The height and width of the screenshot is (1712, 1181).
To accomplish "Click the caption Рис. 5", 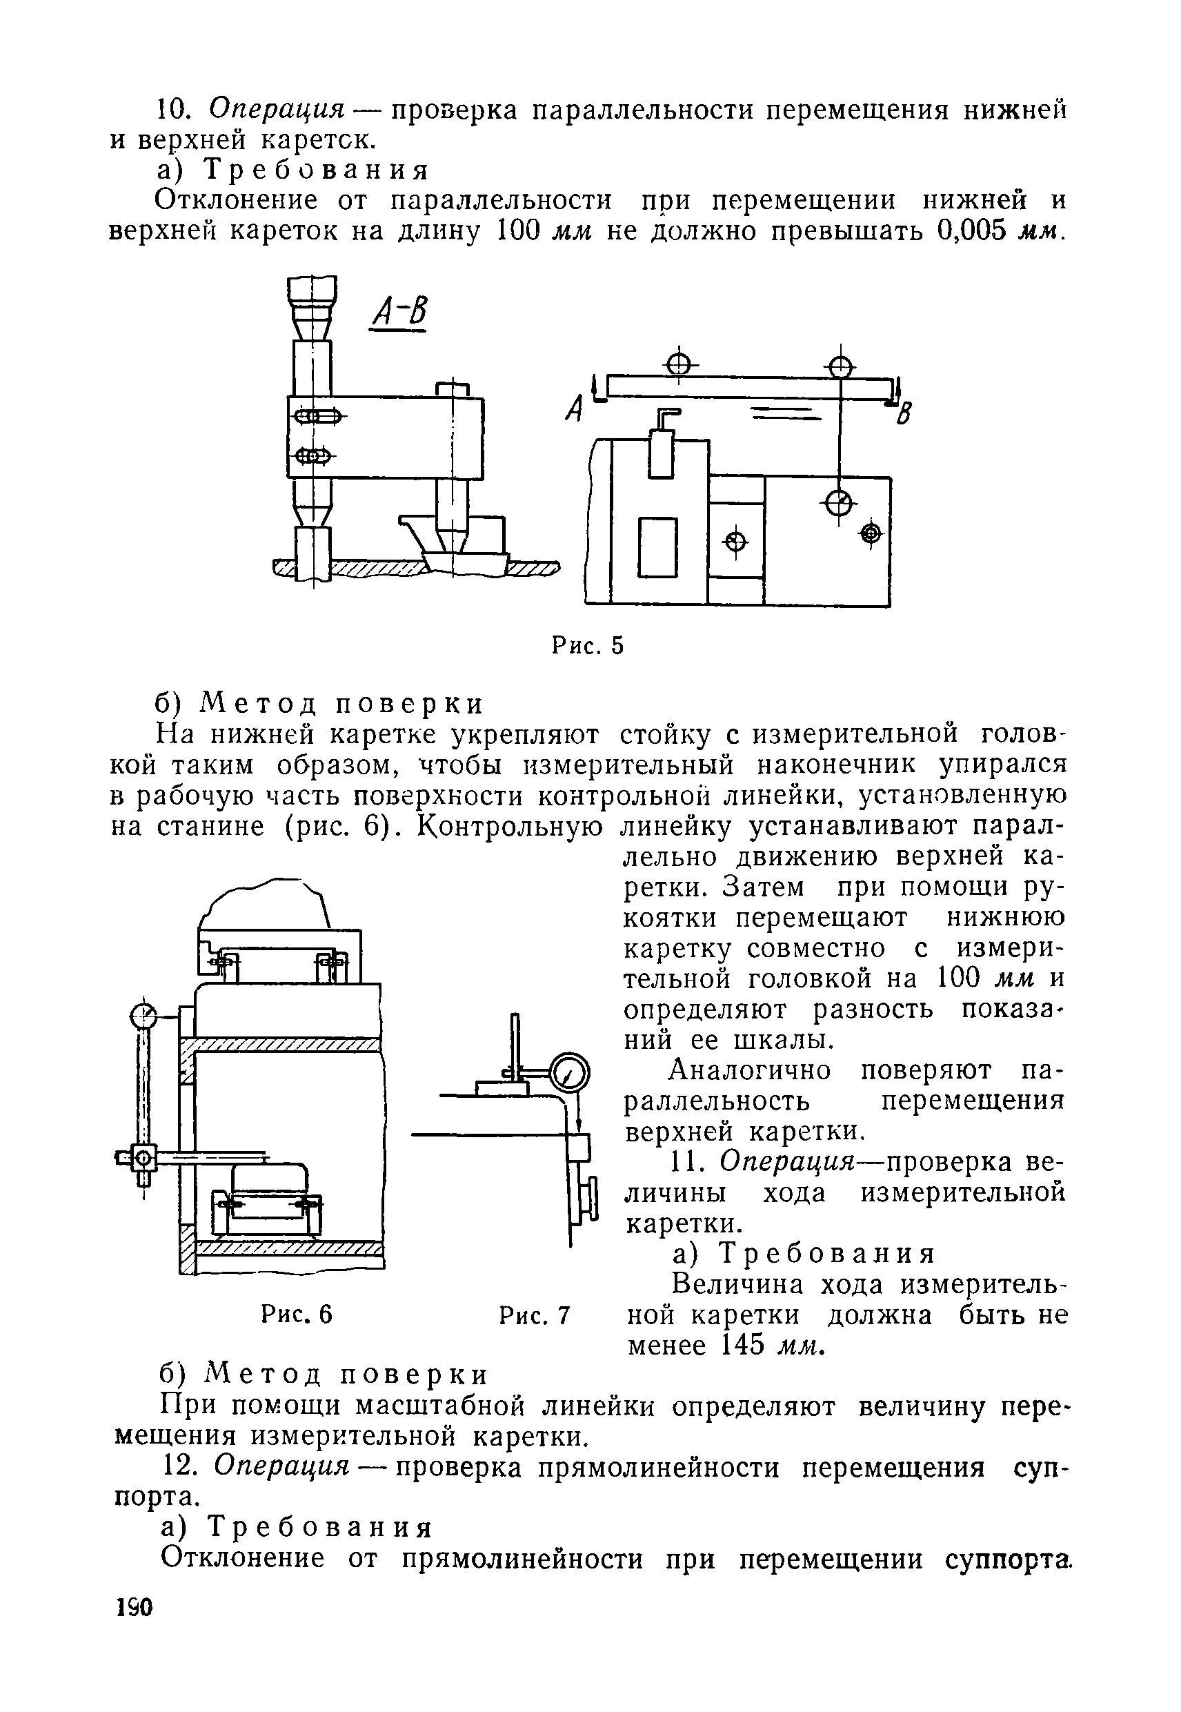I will [x=588, y=646].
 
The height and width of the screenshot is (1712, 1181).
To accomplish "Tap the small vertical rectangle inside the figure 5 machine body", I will [x=658, y=547].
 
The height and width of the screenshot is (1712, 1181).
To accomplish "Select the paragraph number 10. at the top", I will [x=176, y=110].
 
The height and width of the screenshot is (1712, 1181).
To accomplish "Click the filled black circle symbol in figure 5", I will [x=869, y=533].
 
